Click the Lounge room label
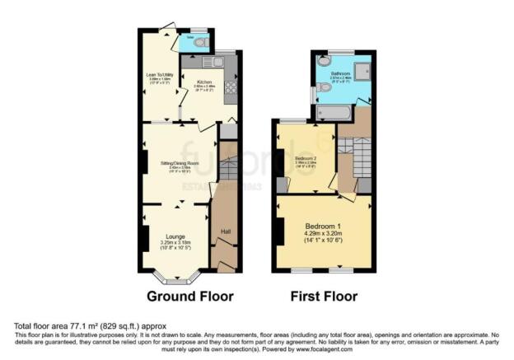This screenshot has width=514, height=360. tap(176, 236)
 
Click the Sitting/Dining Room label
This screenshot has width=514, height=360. tap(175, 165)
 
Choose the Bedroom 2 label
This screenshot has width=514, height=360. tap(306, 158)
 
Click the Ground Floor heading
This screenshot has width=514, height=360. tap(189, 296)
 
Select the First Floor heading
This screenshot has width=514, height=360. tap(322, 296)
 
